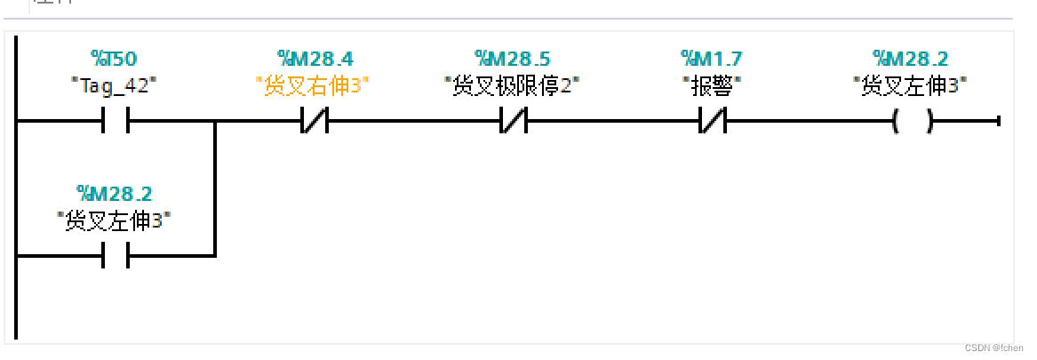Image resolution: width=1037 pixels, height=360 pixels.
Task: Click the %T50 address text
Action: [114, 60]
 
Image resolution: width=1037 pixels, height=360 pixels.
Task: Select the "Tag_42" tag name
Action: [114, 85]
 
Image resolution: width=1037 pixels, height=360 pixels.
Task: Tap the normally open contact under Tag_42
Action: [116, 121]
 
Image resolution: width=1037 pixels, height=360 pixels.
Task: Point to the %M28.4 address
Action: [315, 60]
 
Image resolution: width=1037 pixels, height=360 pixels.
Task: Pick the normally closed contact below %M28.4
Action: [314, 121]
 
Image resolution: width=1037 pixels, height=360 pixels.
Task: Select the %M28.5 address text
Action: [512, 60]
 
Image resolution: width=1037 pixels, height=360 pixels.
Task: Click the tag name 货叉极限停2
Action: [512, 85]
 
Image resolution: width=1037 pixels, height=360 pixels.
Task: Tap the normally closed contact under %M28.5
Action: [513, 121]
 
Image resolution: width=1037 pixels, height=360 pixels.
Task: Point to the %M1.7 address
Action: [712, 60]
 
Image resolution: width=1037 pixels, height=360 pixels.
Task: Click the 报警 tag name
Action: [712, 85]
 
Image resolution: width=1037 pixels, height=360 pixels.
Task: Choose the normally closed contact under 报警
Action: [713, 121]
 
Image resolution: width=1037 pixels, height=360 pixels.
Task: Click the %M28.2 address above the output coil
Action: [911, 60]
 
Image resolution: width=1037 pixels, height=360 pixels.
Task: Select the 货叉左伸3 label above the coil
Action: [911, 85]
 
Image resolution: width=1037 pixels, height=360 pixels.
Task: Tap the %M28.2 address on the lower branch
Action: [114, 194]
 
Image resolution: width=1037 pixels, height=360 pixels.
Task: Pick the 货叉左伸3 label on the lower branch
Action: [114, 220]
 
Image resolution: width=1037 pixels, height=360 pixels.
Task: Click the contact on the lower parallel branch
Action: [116, 256]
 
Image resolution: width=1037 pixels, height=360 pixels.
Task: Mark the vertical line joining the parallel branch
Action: [215, 188]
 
